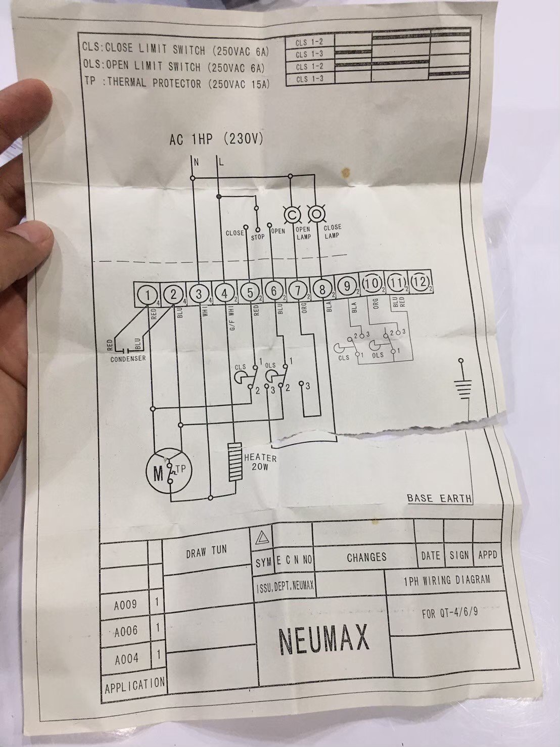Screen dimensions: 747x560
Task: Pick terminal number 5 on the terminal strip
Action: pyautogui.click(x=249, y=292)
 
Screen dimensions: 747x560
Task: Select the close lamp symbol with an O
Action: pyautogui.click(x=315, y=214)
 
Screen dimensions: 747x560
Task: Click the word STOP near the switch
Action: pyautogui.click(x=258, y=236)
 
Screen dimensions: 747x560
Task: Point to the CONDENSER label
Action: pyautogui.click(x=128, y=359)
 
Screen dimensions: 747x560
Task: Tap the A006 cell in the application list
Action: pyautogui.click(x=126, y=631)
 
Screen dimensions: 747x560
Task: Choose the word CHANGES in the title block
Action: pyautogui.click(x=366, y=557)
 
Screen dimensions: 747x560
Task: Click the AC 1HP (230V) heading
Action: pyautogui.click(x=216, y=140)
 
